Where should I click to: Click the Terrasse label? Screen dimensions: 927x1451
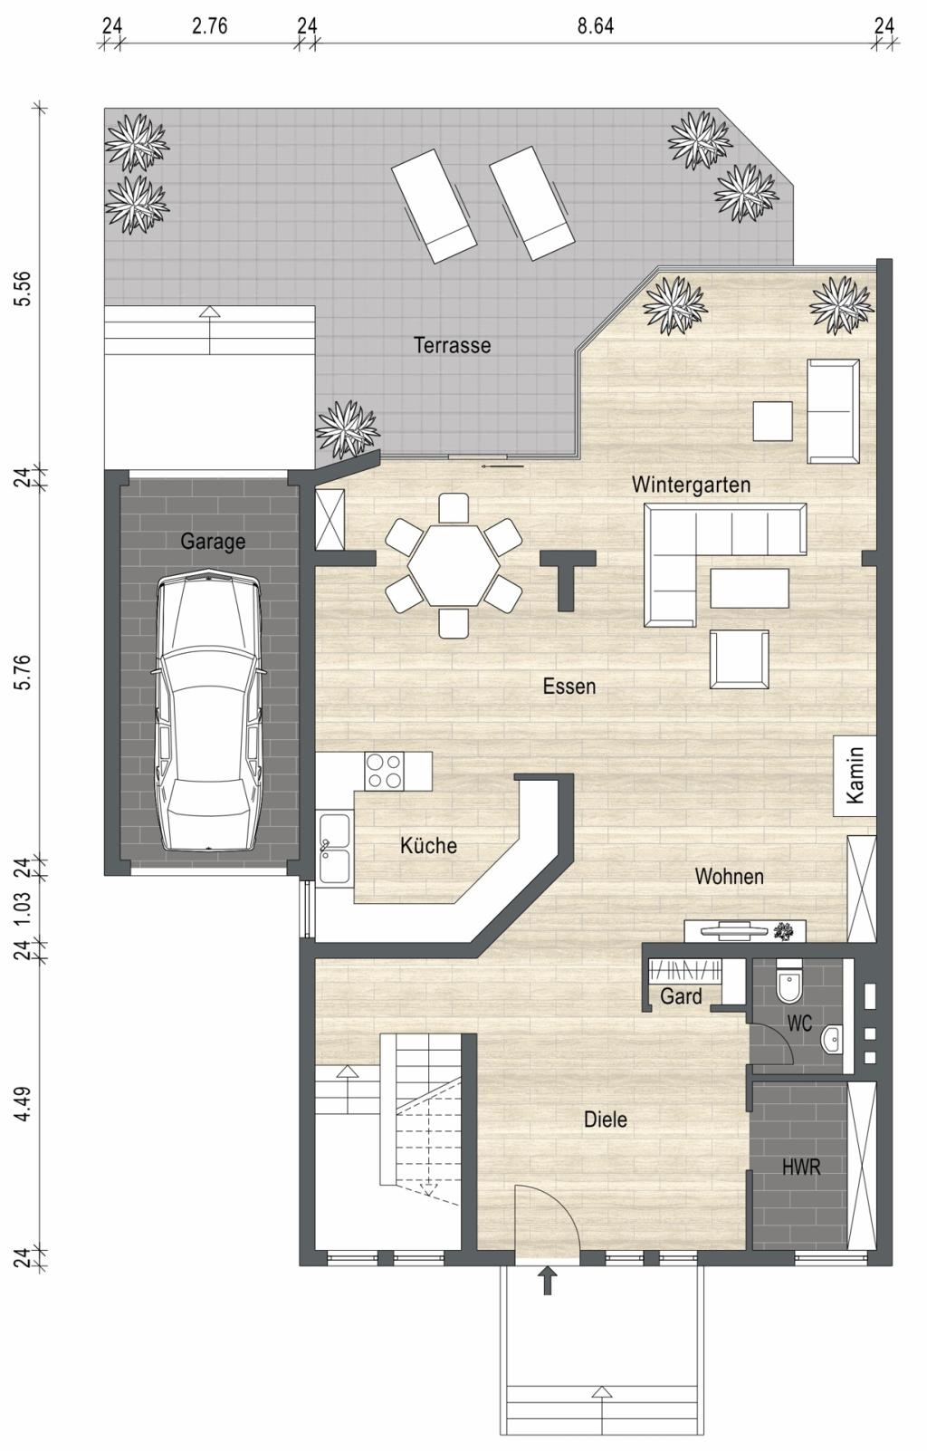[452, 344]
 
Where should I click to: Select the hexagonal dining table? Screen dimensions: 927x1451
[454, 565]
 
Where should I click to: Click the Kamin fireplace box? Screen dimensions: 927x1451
[855, 775]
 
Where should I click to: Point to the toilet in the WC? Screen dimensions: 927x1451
[788, 984]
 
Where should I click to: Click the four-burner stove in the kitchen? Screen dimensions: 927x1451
[384, 771]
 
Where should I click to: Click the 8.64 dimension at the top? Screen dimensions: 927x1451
[595, 26]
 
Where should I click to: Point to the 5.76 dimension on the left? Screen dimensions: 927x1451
[22, 672]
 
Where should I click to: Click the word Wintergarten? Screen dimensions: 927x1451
[691, 485]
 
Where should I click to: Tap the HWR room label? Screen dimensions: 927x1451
[801, 1168]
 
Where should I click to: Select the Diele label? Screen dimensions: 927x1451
[606, 1119]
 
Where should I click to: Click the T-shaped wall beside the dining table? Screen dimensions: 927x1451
[568, 581]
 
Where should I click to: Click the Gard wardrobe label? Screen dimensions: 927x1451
[681, 995]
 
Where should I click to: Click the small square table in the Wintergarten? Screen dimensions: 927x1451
[772, 421]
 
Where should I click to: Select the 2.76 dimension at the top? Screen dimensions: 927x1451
[210, 26]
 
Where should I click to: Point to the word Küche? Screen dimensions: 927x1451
[428, 845]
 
